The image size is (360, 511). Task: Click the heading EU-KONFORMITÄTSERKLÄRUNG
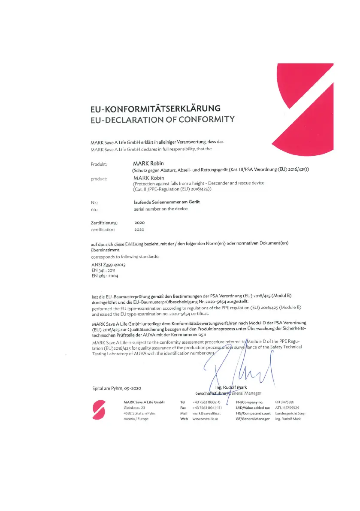155,108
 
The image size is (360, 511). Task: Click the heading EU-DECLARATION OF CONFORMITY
163,119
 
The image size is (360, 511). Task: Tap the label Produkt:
99,164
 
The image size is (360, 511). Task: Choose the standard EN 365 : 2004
105,276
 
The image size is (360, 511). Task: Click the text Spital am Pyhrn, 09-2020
117,388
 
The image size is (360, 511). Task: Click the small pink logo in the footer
99,411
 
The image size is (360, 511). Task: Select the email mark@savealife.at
207,413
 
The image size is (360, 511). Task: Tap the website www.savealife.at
206,419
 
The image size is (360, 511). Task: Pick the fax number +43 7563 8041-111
207,408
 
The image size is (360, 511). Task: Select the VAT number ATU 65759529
287,408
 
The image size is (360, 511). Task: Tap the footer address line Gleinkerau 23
134,408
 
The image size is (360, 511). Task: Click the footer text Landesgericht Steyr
290,413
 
